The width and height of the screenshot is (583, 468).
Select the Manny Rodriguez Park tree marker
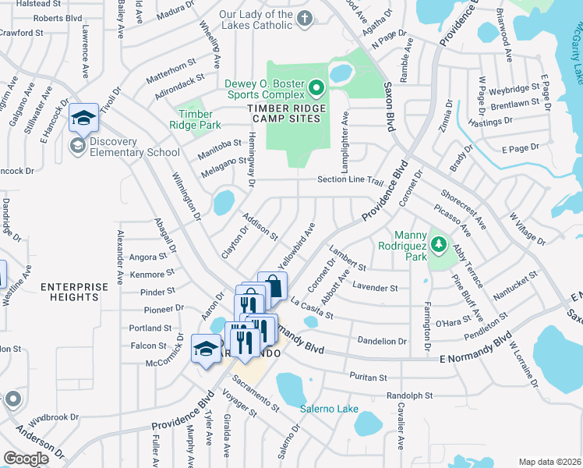click(x=440, y=246)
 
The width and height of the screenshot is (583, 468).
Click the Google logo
click(x=26, y=459)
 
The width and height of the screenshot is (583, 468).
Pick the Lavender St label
click(x=375, y=287)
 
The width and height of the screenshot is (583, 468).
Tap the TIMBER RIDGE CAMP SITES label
click(x=284, y=113)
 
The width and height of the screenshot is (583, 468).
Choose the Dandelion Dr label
click(x=381, y=341)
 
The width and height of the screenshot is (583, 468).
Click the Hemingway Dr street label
click(x=252, y=160)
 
